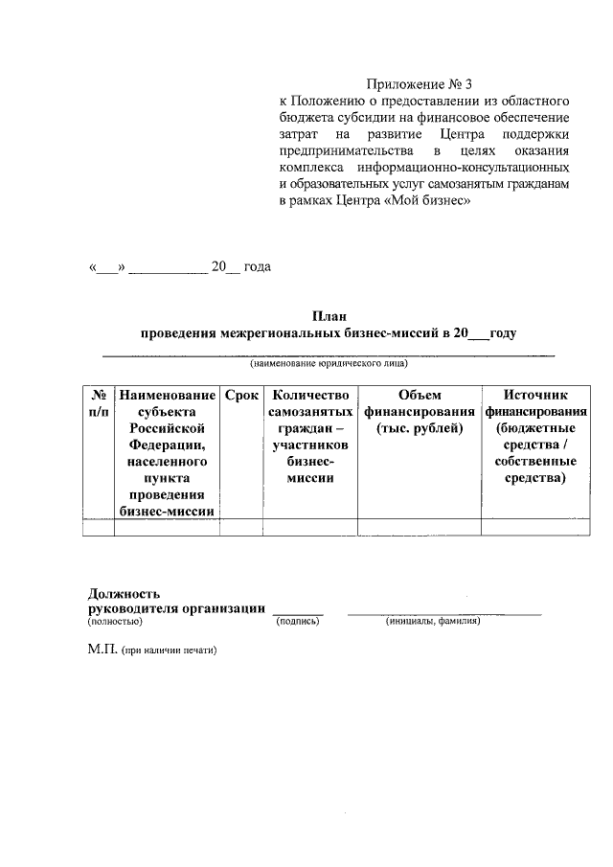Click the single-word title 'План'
click(329, 316)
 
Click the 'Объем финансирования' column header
click(419, 411)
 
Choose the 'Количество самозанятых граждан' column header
click(309, 436)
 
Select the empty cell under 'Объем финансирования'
click(419, 527)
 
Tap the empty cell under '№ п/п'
click(97, 527)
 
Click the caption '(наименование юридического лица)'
click(329, 364)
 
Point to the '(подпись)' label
click(297, 622)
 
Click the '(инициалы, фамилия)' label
click(433, 622)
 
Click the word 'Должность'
click(124, 594)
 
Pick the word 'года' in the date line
click(258, 266)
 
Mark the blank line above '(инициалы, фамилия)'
click(443, 612)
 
